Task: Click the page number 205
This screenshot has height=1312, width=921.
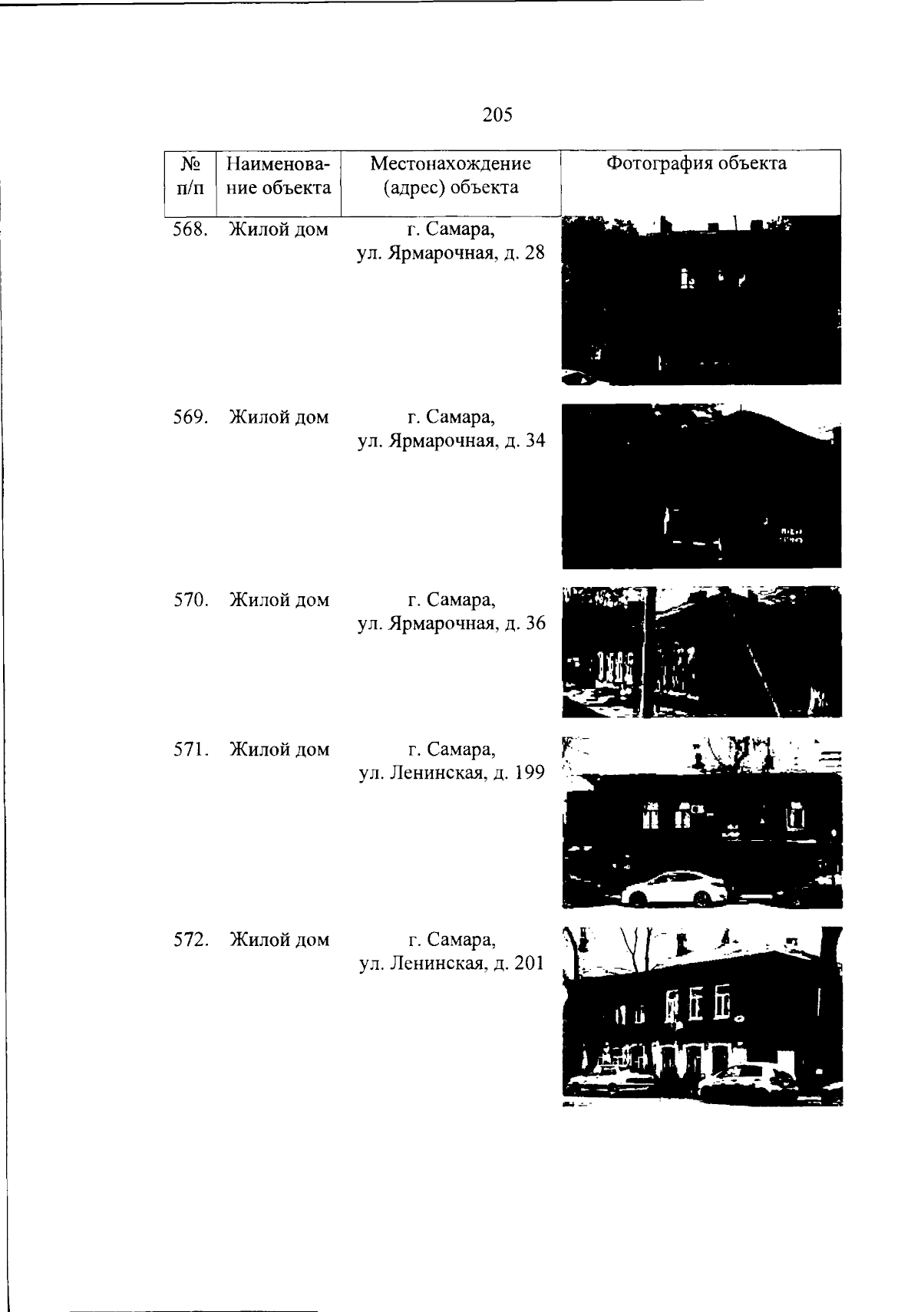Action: coord(497,115)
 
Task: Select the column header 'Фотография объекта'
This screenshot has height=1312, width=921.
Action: coord(697,163)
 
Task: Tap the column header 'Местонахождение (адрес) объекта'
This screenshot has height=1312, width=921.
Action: coord(451,175)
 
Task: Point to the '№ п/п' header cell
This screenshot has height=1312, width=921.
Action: coord(190,176)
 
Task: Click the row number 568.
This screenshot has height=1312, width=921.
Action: coord(191,229)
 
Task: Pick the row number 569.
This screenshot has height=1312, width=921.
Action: coord(191,417)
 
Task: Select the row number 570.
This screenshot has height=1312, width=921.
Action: coord(191,600)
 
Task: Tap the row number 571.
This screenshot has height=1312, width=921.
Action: coord(191,749)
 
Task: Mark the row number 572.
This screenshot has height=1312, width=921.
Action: coord(191,939)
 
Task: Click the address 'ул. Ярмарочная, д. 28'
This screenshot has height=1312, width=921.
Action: coord(451,253)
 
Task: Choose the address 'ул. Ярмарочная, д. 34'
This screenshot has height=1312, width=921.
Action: coord(451,440)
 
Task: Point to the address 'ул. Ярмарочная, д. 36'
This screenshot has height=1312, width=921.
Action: coord(452,623)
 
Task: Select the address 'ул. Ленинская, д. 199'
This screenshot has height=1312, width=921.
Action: coord(452,773)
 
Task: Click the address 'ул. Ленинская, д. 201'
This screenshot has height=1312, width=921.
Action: coord(452,964)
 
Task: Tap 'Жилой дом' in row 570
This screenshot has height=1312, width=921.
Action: coord(279,600)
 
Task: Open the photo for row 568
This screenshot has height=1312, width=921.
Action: coord(701,301)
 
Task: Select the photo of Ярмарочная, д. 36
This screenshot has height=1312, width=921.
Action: coord(702,652)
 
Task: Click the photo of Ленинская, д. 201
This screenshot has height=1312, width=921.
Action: coord(702,1016)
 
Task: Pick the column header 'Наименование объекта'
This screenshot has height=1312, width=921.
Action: coord(279,175)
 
